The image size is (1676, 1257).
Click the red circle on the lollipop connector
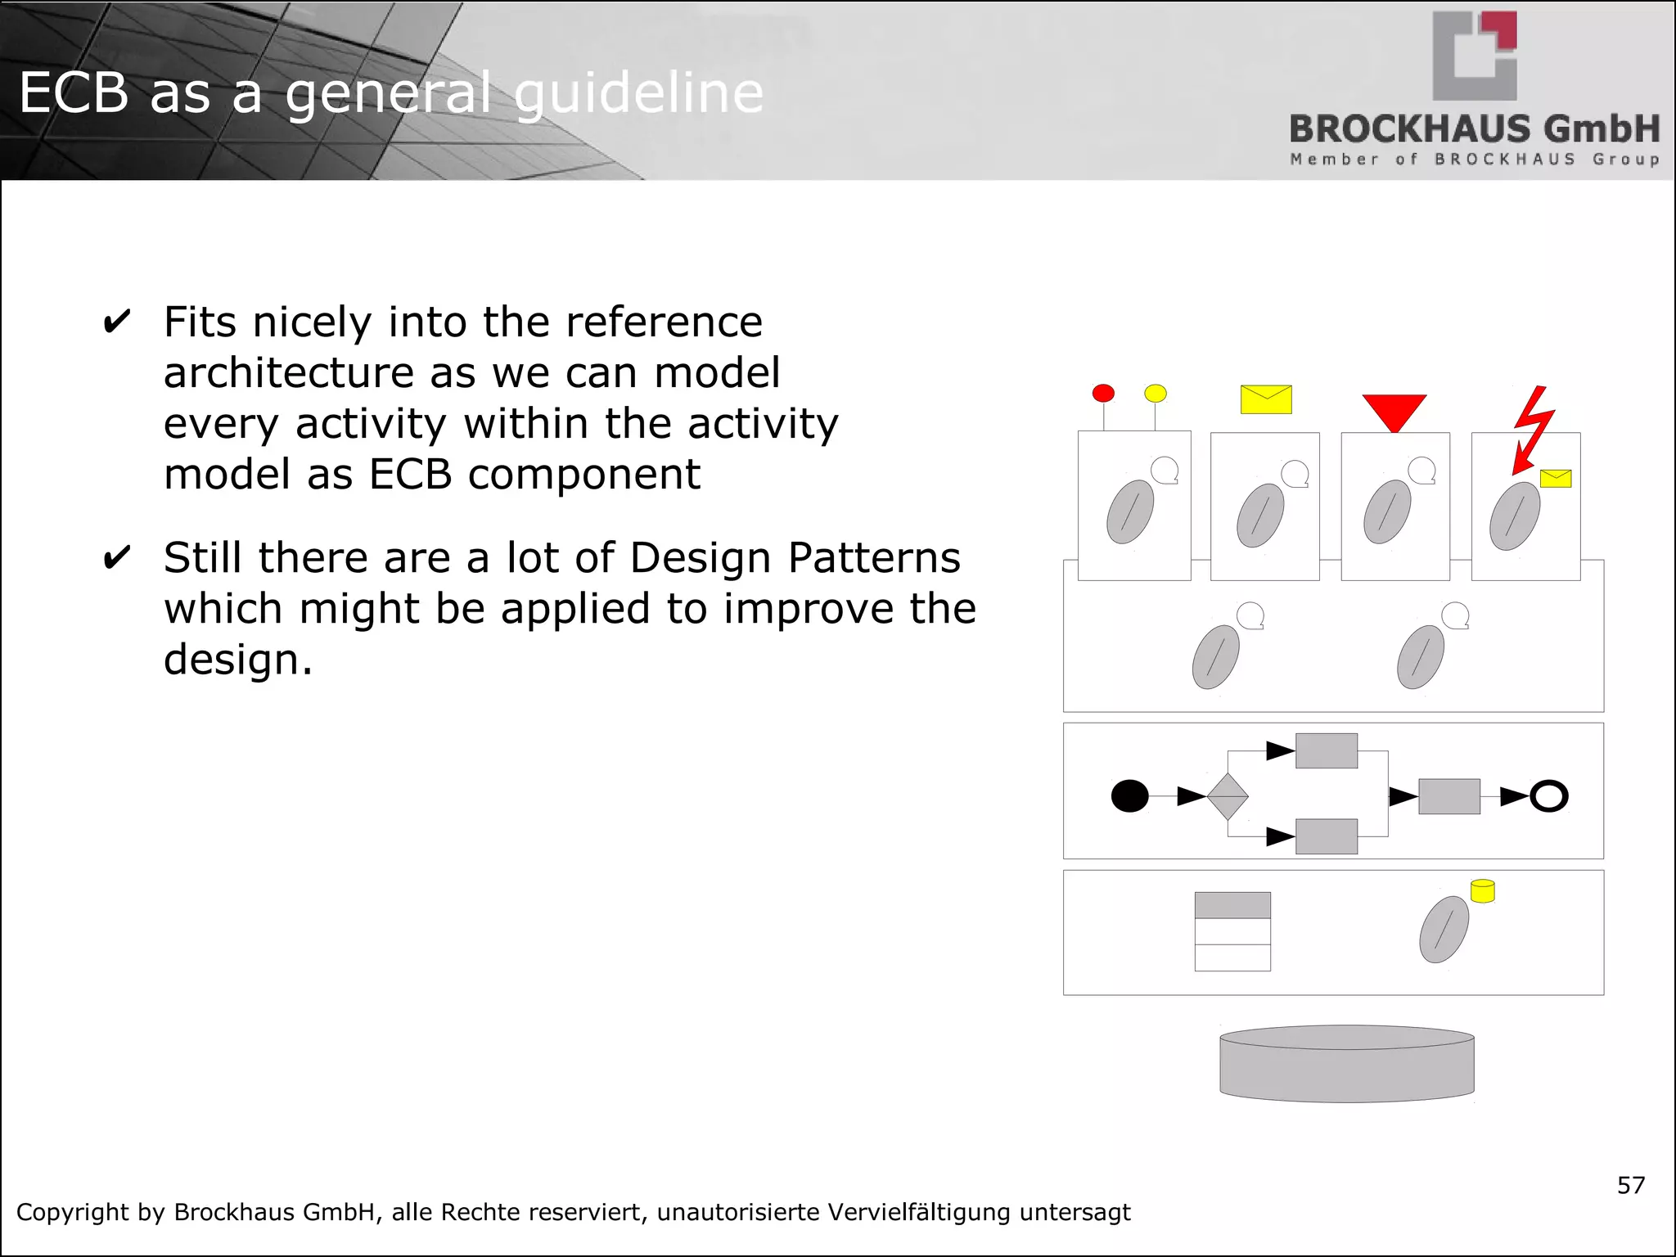[x=1103, y=393]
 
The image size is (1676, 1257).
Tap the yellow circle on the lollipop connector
[x=1155, y=393]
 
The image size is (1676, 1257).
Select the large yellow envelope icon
[x=1265, y=399]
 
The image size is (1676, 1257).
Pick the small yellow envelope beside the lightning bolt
[x=1555, y=478]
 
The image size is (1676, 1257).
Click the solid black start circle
[x=1129, y=795]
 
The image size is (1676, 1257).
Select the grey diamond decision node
[x=1227, y=796]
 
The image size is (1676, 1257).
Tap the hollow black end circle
[x=1548, y=795]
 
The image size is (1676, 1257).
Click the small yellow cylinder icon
[x=1482, y=891]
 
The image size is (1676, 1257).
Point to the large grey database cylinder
[x=1346, y=1064]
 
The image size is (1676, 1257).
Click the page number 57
[x=1630, y=1185]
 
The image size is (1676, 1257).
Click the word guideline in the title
[x=638, y=92]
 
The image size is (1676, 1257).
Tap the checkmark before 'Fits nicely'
[x=116, y=322]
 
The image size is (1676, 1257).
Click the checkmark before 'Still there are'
[x=116, y=558]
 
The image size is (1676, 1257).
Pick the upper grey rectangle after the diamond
[x=1326, y=750]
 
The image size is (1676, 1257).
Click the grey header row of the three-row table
[x=1232, y=905]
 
